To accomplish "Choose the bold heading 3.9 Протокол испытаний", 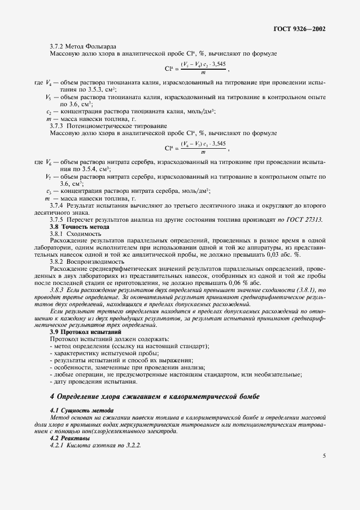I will click(x=86, y=332).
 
